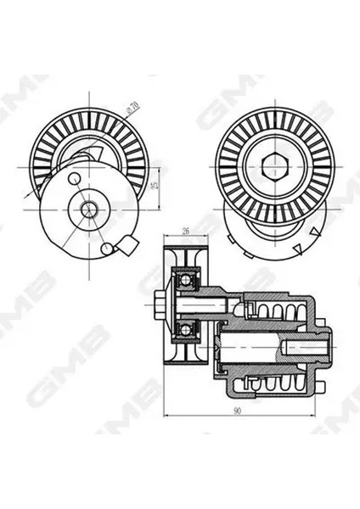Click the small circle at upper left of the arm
click(x=75, y=178)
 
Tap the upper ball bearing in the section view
click(x=184, y=277)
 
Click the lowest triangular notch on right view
click(x=299, y=248)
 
